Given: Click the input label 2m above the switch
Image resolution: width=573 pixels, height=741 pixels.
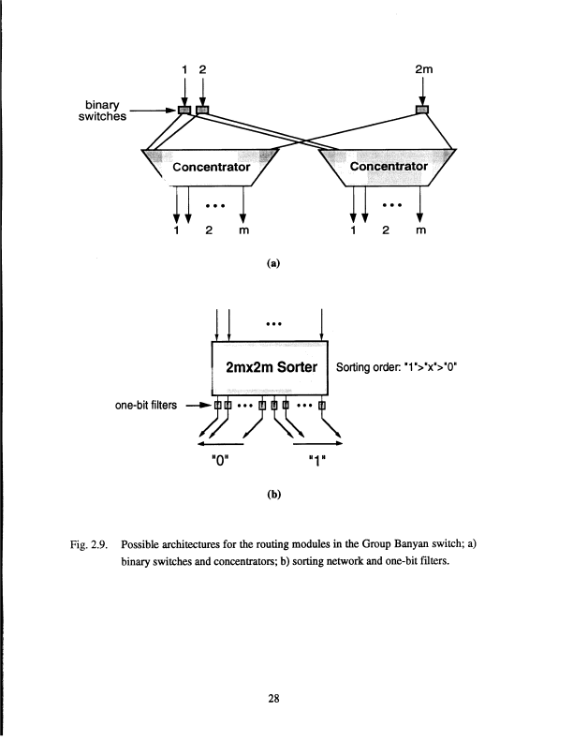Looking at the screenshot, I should [x=422, y=68].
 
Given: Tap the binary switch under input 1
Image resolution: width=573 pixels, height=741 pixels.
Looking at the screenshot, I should [x=184, y=111].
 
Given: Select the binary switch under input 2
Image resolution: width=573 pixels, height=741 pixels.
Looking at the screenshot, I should [x=201, y=111].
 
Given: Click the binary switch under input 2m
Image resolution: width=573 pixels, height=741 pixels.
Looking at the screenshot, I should [x=422, y=111].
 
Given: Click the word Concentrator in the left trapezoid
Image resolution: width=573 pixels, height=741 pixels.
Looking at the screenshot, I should [x=211, y=167].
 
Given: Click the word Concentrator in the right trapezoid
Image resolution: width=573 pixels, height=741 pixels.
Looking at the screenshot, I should [x=388, y=167].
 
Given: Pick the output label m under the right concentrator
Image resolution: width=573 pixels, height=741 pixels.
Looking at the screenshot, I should [x=421, y=230].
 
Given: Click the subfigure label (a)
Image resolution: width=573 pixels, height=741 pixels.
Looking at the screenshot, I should [x=272, y=264].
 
